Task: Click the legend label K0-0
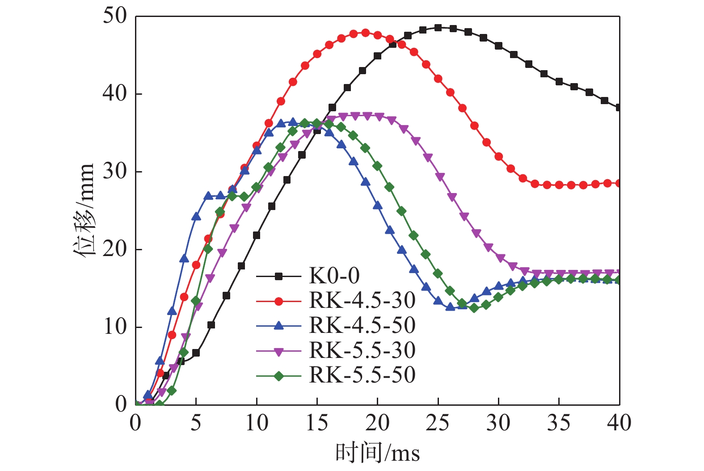point(334,276)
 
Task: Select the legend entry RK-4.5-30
point(362,301)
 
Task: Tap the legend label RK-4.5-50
point(362,326)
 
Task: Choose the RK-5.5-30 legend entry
point(362,351)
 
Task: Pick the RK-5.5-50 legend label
point(362,375)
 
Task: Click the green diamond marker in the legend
point(278,376)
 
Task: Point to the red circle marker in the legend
point(278,301)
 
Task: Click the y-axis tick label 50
point(115,16)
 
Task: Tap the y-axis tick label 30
point(115,172)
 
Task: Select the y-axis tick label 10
point(115,327)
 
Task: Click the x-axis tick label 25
point(438,423)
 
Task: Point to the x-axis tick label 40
point(619,423)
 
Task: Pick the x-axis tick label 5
point(196,423)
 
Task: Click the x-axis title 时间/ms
point(378,453)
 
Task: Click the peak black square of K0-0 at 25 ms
point(438,28)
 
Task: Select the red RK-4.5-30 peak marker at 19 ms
point(365,33)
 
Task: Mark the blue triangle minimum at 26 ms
point(450,307)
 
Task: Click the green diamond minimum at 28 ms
point(474,307)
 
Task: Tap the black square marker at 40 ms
point(619,107)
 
